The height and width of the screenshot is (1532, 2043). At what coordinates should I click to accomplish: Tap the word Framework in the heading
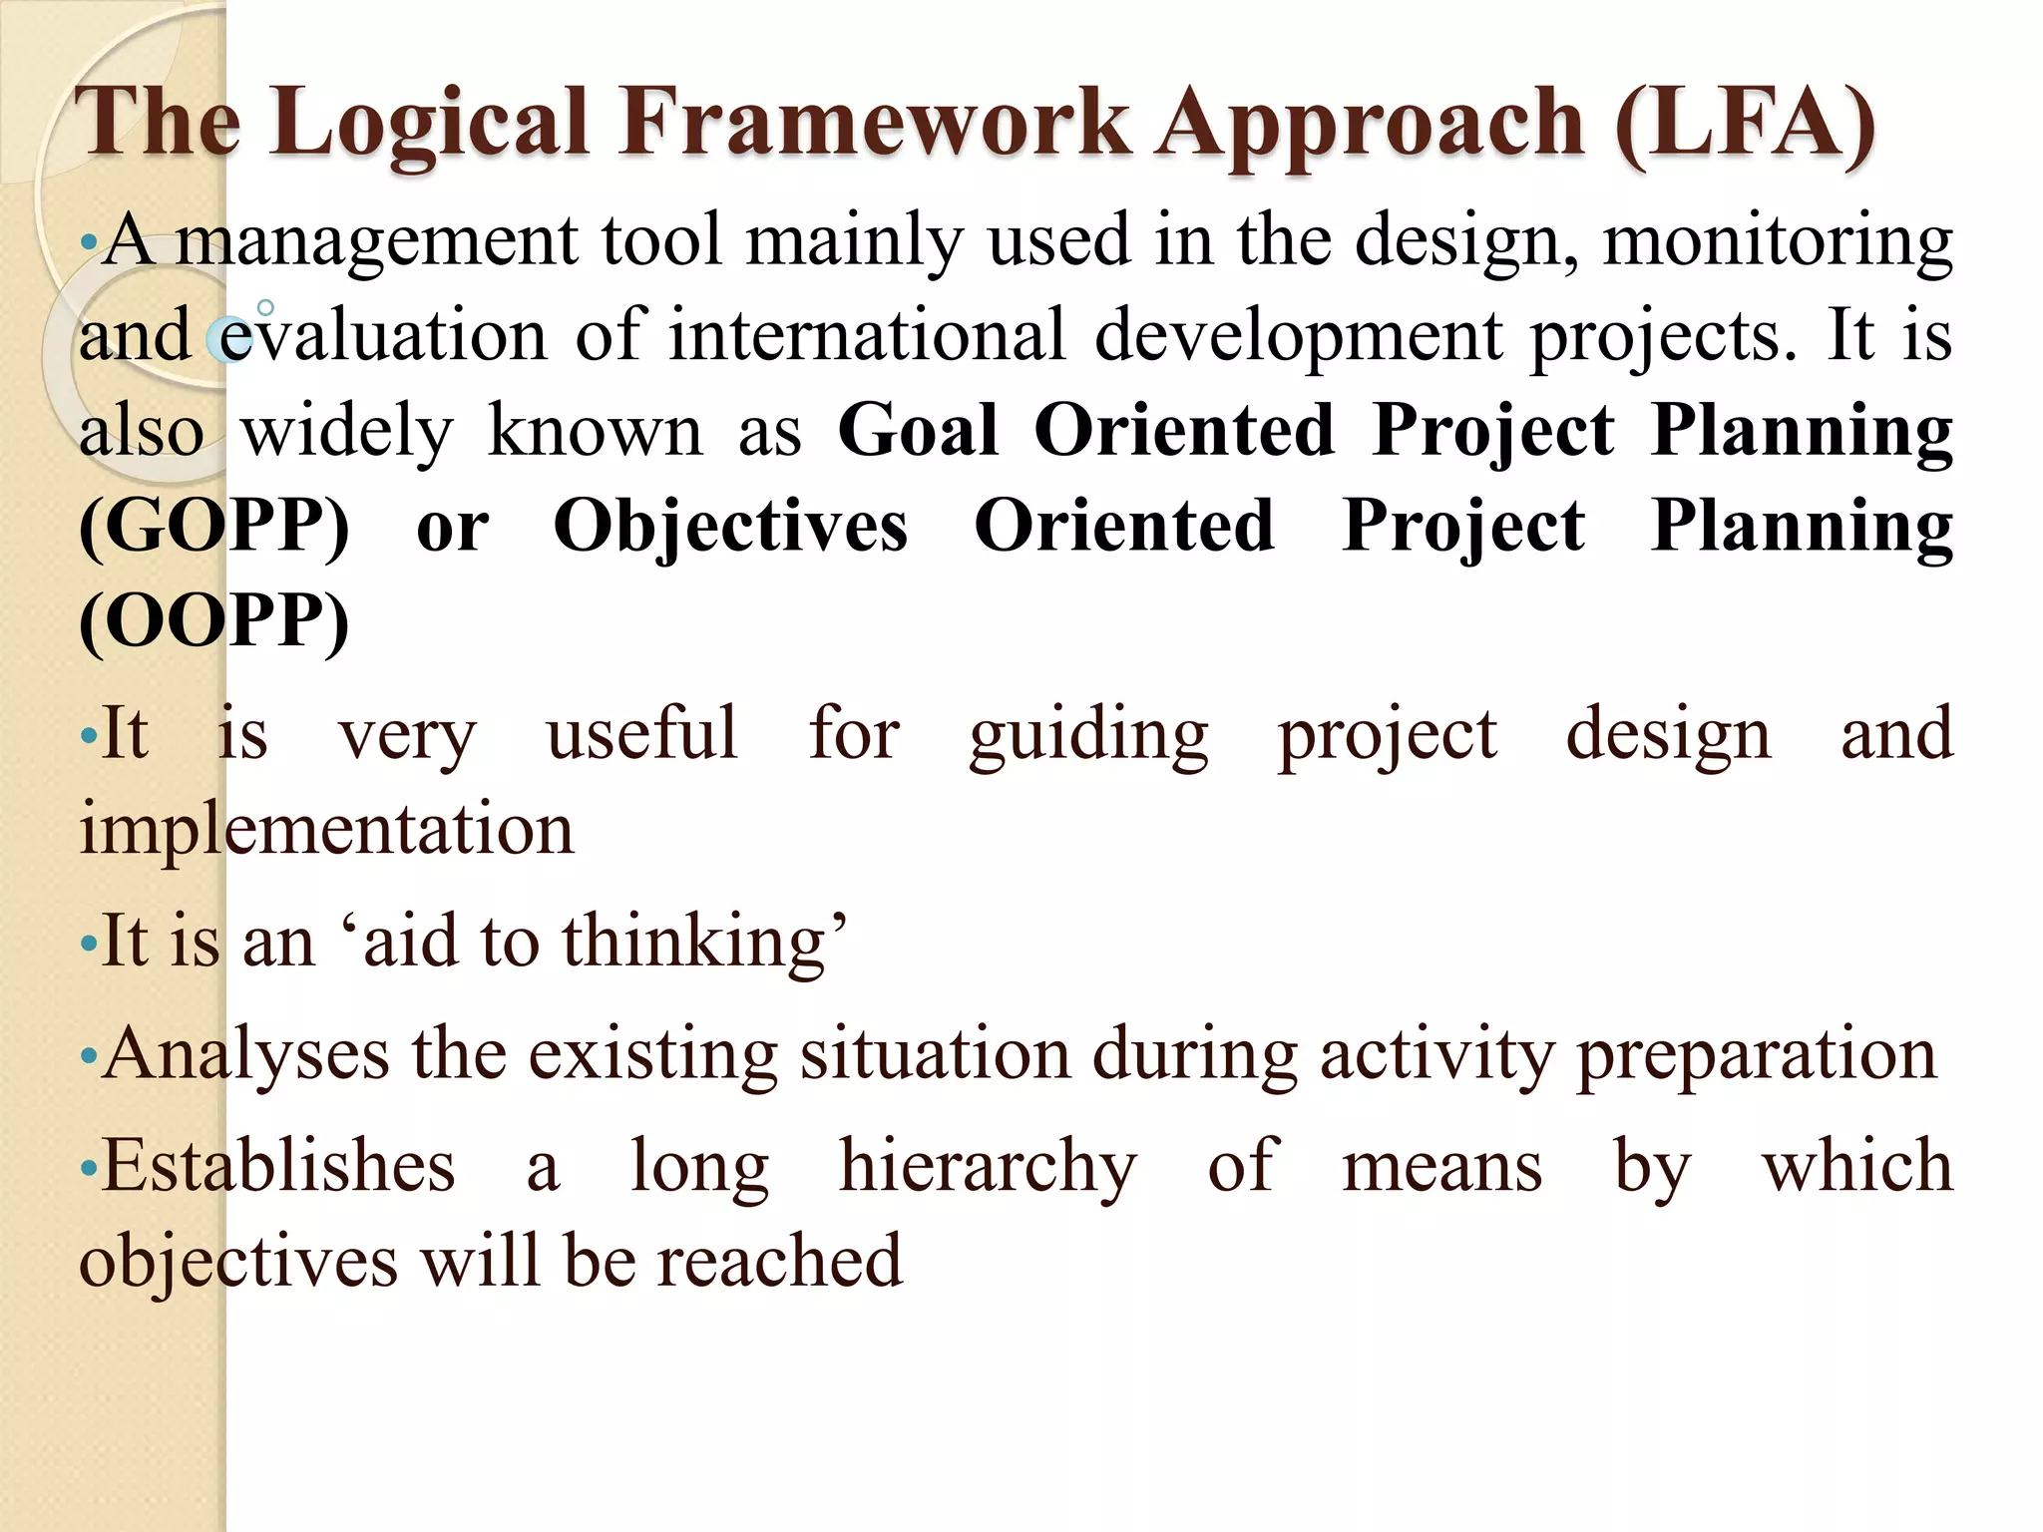(x=874, y=122)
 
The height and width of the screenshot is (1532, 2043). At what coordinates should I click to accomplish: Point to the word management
(x=376, y=243)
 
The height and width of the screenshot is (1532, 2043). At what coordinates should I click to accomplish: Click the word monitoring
(x=1777, y=243)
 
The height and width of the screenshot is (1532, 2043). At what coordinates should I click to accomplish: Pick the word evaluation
(x=382, y=336)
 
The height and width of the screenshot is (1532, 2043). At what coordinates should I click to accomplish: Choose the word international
(x=867, y=336)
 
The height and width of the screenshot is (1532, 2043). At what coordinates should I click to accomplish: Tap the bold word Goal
(x=918, y=431)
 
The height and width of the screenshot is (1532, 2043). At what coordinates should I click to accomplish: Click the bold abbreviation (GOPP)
(x=214, y=527)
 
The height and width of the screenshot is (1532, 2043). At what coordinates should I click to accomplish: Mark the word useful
(x=641, y=733)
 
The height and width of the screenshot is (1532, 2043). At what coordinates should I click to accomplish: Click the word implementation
(x=327, y=830)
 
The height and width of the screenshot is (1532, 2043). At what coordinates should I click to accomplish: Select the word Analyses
(x=245, y=1055)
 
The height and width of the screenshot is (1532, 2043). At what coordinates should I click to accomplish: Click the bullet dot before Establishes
(x=89, y=1166)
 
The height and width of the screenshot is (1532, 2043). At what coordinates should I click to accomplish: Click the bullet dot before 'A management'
(x=89, y=242)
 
